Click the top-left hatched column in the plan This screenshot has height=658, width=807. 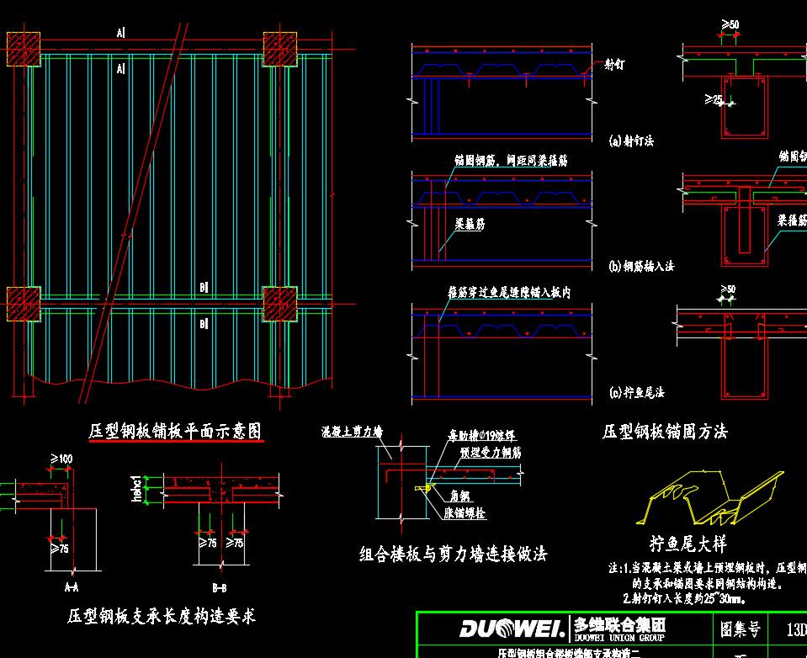coord(24,49)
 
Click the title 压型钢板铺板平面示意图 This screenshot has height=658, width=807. coord(176,432)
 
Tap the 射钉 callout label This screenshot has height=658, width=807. coord(615,64)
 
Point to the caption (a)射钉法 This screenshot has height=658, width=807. coord(630,141)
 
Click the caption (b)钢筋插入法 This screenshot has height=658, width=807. coord(640,266)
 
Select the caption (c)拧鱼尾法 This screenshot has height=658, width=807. coord(636,392)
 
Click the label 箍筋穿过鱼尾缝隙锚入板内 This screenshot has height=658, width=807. coord(509,293)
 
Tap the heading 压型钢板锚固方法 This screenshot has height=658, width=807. coord(665,432)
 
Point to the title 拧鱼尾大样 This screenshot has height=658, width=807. coord(688,543)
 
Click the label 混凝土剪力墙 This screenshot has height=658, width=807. coord(352,432)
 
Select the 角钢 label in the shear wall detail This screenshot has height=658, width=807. coord(459,496)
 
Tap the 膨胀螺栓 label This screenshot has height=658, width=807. coord(465,513)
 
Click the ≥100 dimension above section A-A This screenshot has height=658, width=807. coord(61,459)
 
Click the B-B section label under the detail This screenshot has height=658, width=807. coord(219,587)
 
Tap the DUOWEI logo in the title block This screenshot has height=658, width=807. coord(512,629)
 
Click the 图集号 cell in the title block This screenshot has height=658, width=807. coord(741,629)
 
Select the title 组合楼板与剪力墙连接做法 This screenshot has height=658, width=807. coord(453,554)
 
